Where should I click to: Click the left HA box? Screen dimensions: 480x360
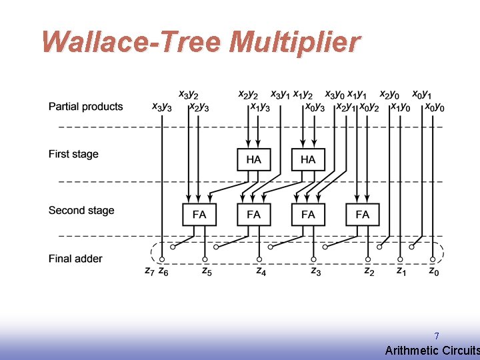coord(254,159)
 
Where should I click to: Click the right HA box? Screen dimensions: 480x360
coord(308,159)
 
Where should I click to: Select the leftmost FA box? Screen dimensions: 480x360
coord(199,215)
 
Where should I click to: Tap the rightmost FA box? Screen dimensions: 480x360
coord(363,215)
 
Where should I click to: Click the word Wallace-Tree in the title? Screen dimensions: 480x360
coord(131,42)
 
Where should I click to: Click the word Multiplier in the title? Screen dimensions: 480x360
coord(294,42)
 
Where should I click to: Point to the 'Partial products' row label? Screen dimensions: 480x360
coord(85,107)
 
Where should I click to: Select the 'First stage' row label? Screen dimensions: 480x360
coord(73,154)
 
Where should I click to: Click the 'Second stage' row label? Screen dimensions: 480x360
coord(81,211)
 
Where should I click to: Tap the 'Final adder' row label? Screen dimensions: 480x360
coord(75,259)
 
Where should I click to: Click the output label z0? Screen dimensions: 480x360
coord(433,271)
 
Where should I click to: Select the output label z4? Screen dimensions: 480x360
coord(261,271)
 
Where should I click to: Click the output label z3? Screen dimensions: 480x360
coord(315,271)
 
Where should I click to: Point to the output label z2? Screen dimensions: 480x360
coord(369,271)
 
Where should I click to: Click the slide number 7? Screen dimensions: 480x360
coord(437,336)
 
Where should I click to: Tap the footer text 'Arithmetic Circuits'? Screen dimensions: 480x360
coord(432,351)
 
